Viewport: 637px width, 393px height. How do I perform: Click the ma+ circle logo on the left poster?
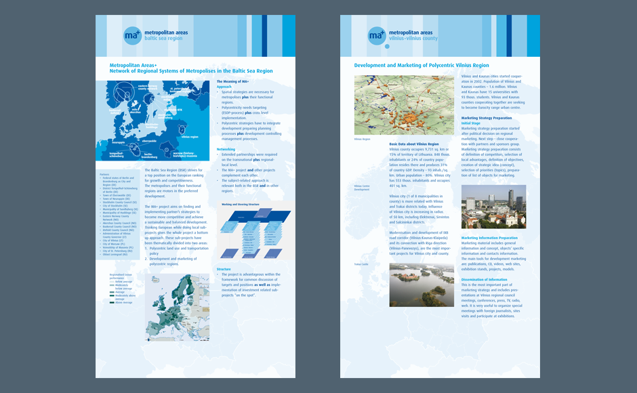tap(133, 35)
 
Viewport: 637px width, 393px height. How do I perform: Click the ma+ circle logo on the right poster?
tap(377, 35)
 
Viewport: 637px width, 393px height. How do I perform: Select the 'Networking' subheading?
tap(226, 149)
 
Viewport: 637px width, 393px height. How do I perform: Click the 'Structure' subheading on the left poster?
tap(224, 269)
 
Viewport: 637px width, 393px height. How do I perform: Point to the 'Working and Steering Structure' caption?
tap(241, 204)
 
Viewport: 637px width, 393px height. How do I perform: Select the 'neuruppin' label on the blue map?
tap(117, 142)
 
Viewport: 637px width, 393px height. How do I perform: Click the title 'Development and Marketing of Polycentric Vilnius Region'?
tap(422, 66)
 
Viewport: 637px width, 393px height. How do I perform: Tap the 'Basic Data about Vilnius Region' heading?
tap(414, 144)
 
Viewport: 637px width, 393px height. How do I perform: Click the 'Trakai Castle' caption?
tap(361, 264)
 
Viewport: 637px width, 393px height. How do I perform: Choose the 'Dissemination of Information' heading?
tap(484, 279)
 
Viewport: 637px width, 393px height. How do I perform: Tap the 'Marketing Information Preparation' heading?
tap(489, 238)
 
